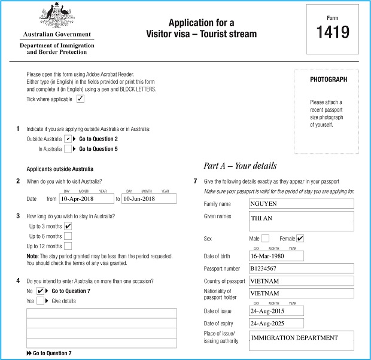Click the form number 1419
[x=332, y=32]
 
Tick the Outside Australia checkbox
[x=68, y=139]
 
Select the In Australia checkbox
[x=68, y=149]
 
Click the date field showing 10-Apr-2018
[x=86, y=199]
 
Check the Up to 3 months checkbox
[x=68, y=226]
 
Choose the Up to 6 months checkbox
[x=68, y=236]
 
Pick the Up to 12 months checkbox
[x=68, y=246]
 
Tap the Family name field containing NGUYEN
[x=301, y=204]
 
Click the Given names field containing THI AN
[x=301, y=221]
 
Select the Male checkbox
[x=265, y=239]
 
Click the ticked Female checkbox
[x=300, y=239]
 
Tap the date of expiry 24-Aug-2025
[x=276, y=323]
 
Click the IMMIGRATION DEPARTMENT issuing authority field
[x=301, y=340]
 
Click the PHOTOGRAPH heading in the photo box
[x=329, y=80]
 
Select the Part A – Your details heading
[x=240, y=166]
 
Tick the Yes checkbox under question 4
[x=40, y=301]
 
